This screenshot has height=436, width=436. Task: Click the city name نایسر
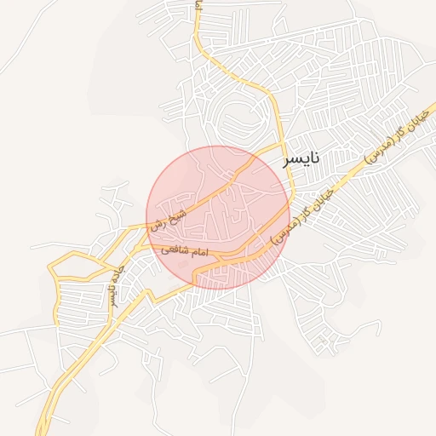[302, 158]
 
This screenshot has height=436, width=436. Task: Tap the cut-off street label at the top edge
[198, 5]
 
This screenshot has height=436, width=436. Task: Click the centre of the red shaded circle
[218, 217]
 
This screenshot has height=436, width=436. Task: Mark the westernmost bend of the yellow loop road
[49, 272]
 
